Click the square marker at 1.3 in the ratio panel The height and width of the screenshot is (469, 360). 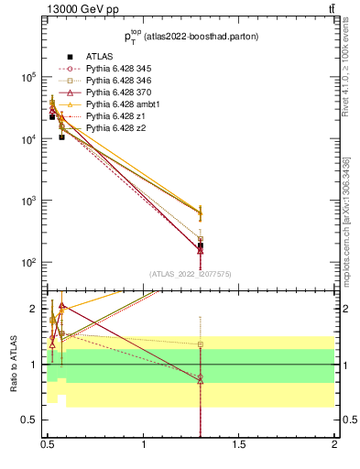(201, 345)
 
